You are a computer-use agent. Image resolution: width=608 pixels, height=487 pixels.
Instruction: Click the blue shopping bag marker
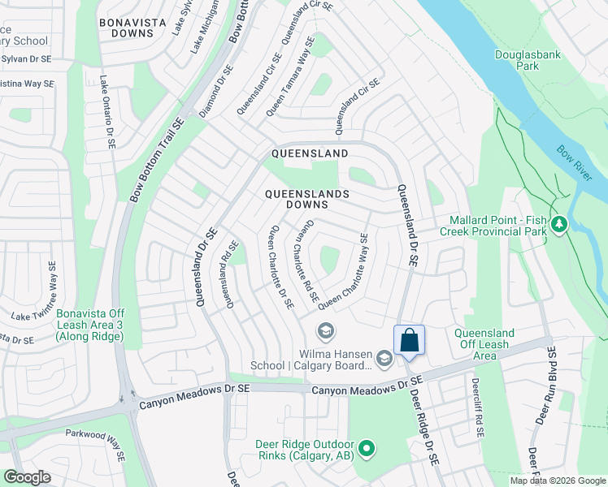click(410, 340)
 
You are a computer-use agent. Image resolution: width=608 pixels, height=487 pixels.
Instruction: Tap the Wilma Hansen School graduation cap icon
click(325, 330)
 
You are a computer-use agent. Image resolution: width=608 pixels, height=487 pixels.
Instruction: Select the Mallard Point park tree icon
click(558, 223)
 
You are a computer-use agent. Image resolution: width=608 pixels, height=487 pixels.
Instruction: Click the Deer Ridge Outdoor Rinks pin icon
click(367, 447)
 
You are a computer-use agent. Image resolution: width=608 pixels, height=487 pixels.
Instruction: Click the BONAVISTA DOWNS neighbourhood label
click(127, 28)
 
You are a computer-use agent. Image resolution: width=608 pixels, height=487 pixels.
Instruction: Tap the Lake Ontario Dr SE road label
click(106, 113)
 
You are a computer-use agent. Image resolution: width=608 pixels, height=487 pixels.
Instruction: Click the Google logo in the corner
click(27, 477)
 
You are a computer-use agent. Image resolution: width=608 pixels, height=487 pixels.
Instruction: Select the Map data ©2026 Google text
click(557, 481)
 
